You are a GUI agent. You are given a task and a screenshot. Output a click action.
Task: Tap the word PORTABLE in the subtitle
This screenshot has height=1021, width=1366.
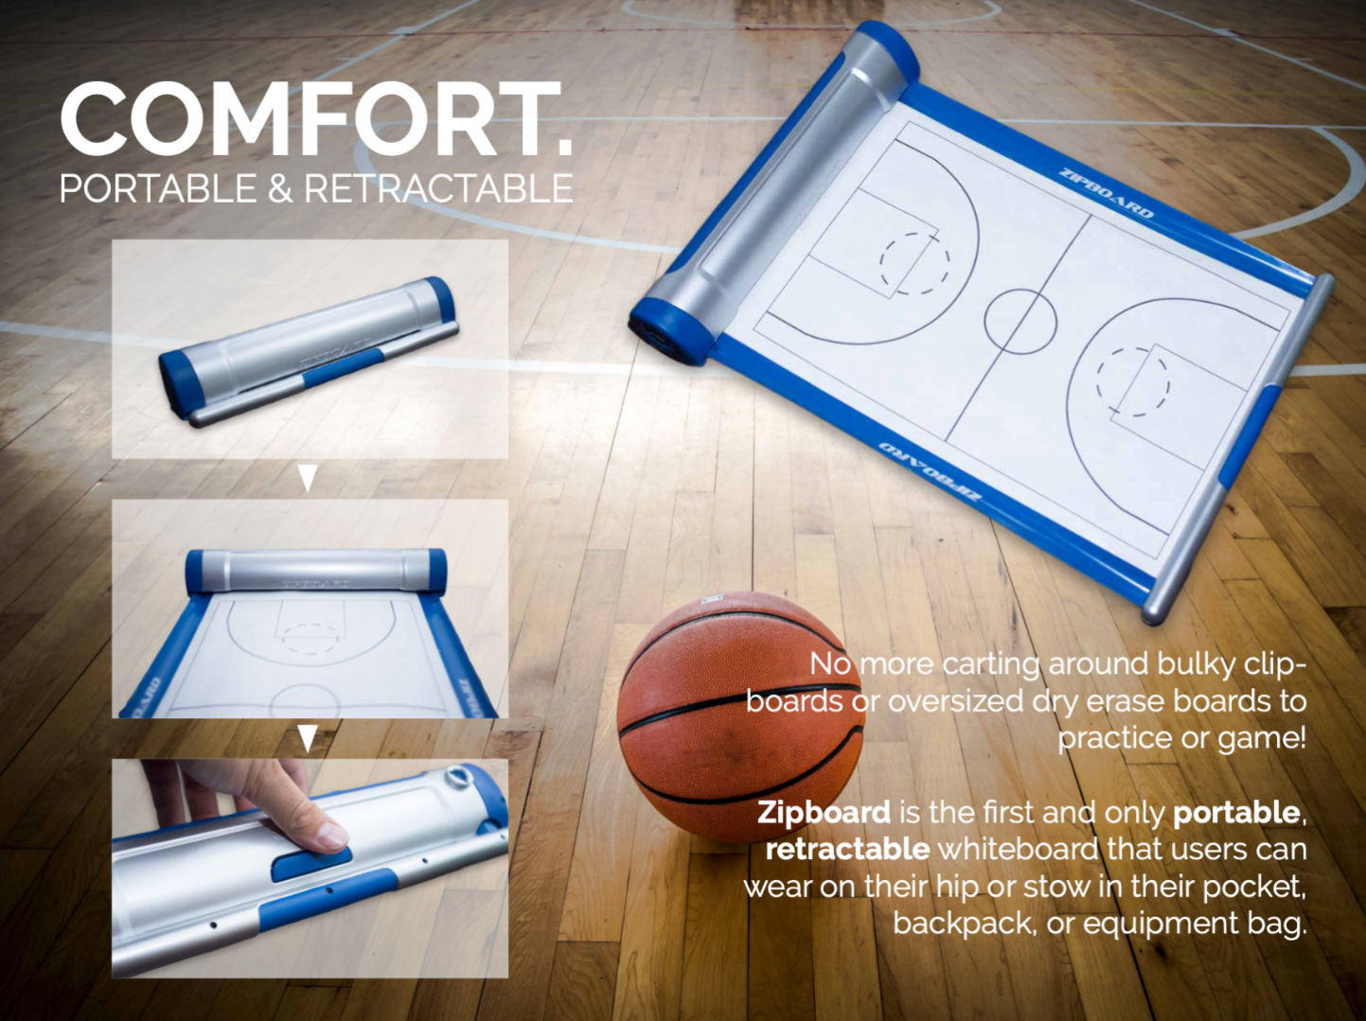pyautogui.click(x=158, y=188)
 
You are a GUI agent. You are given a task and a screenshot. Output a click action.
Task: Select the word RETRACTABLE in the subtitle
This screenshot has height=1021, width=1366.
pyautogui.click(x=438, y=188)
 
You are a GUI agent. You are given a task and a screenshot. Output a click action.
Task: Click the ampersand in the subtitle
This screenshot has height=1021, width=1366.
pyautogui.click(x=280, y=188)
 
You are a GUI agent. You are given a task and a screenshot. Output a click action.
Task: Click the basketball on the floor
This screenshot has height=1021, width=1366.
pyautogui.click(x=740, y=716)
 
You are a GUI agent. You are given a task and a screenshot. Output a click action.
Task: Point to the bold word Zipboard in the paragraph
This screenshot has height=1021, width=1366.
pyautogui.click(x=824, y=813)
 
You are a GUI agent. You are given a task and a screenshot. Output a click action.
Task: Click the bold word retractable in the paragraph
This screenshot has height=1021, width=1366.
pyautogui.click(x=847, y=849)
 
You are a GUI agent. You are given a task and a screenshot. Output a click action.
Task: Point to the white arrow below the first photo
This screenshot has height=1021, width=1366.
pyautogui.click(x=308, y=478)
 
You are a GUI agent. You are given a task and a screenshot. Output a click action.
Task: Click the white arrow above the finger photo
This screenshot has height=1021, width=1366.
pyautogui.click(x=308, y=738)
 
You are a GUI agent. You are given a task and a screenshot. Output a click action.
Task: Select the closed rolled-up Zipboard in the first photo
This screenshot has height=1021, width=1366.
pyautogui.click(x=309, y=350)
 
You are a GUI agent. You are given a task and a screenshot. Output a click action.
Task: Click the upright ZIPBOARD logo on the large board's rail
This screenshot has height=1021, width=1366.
pyautogui.click(x=1106, y=192)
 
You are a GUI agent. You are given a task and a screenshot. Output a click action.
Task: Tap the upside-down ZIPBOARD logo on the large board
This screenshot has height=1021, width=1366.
pyautogui.click(x=931, y=469)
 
